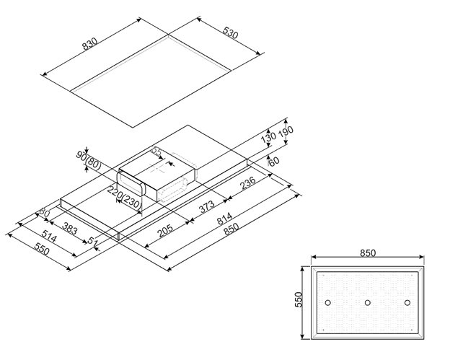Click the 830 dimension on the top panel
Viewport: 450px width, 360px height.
(89, 45)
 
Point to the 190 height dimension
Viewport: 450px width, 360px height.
(288, 133)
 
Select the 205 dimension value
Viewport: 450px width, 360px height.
(165, 231)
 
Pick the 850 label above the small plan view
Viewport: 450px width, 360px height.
(367, 253)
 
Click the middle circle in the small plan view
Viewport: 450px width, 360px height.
(367, 302)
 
